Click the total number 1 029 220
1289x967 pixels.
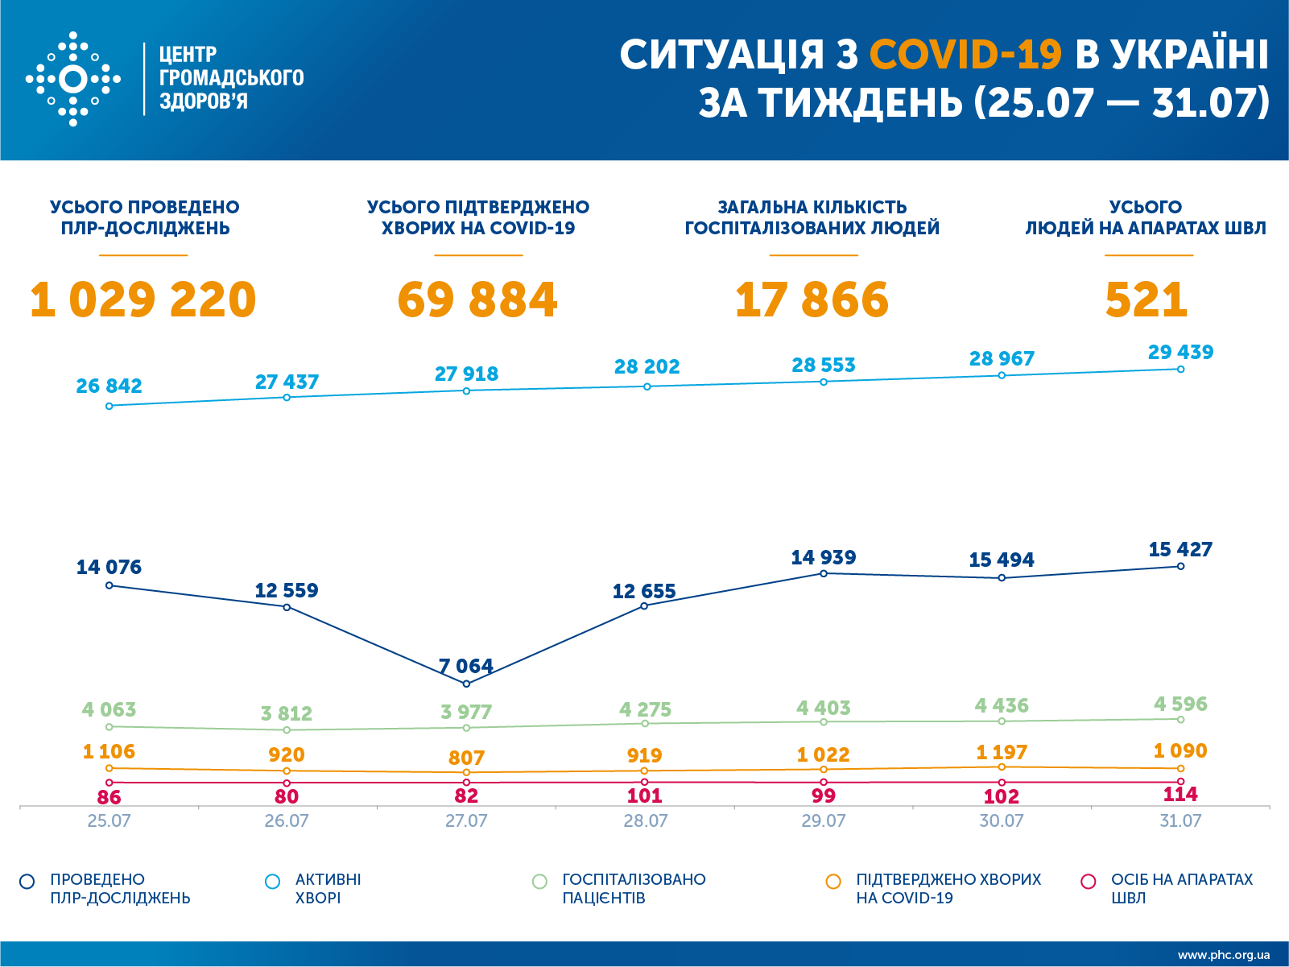[x=143, y=300]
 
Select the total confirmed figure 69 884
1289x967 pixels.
[x=477, y=300]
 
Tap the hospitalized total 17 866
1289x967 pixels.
[x=812, y=300]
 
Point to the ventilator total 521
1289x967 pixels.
[x=1146, y=300]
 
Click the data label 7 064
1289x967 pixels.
[x=465, y=666]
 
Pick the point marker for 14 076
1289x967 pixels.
[x=109, y=585]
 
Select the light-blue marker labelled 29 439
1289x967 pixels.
[x=1180, y=370]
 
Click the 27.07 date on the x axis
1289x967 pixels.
[x=466, y=821]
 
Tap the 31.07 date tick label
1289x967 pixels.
[x=1180, y=821]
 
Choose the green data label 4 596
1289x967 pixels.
[x=1180, y=704]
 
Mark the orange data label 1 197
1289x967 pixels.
[x=1002, y=752]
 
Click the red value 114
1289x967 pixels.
[x=1180, y=795]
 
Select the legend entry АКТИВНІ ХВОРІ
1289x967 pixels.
[x=328, y=888]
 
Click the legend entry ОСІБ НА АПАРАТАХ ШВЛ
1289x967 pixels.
[x=1181, y=888]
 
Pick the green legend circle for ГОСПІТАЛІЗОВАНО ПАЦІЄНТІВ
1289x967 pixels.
[x=539, y=882]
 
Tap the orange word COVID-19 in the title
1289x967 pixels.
[x=965, y=55]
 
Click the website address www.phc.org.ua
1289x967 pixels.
[x=1223, y=955]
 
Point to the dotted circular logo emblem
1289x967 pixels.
[x=73, y=79]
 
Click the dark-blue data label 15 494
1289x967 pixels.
[x=1002, y=560]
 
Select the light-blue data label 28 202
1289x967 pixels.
[x=647, y=367]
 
